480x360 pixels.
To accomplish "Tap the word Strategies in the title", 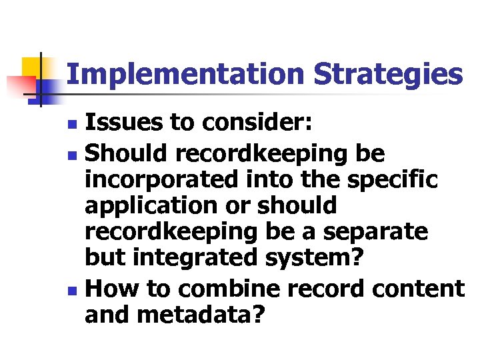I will tap(388, 75).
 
